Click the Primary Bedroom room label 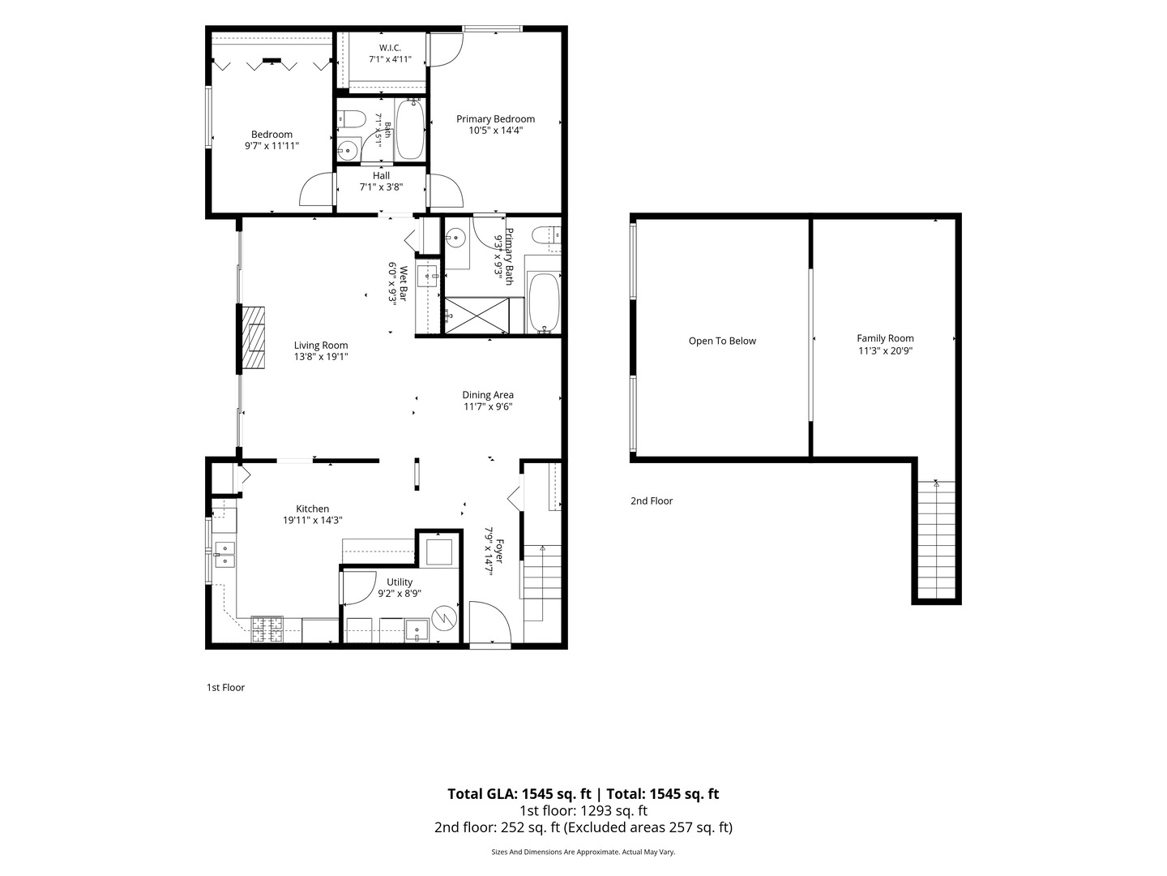click(x=495, y=119)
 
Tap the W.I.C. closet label click(x=391, y=48)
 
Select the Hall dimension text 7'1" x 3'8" click(x=381, y=187)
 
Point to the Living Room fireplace click(x=254, y=338)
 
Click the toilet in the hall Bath click(x=351, y=118)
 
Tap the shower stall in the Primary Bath click(x=477, y=316)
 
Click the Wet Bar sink click(x=426, y=276)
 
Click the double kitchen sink click(x=225, y=555)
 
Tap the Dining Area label click(x=488, y=395)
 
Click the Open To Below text click(x=722, y=341)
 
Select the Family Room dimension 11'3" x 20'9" click(x=885, y=350)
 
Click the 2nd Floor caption click(x=652, y=500)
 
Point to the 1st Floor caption click(x=225, y=687)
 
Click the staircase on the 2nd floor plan click(x=936, y=540)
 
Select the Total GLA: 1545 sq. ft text click(x=519, y=794)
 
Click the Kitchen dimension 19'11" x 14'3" click(x=312, y=520)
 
